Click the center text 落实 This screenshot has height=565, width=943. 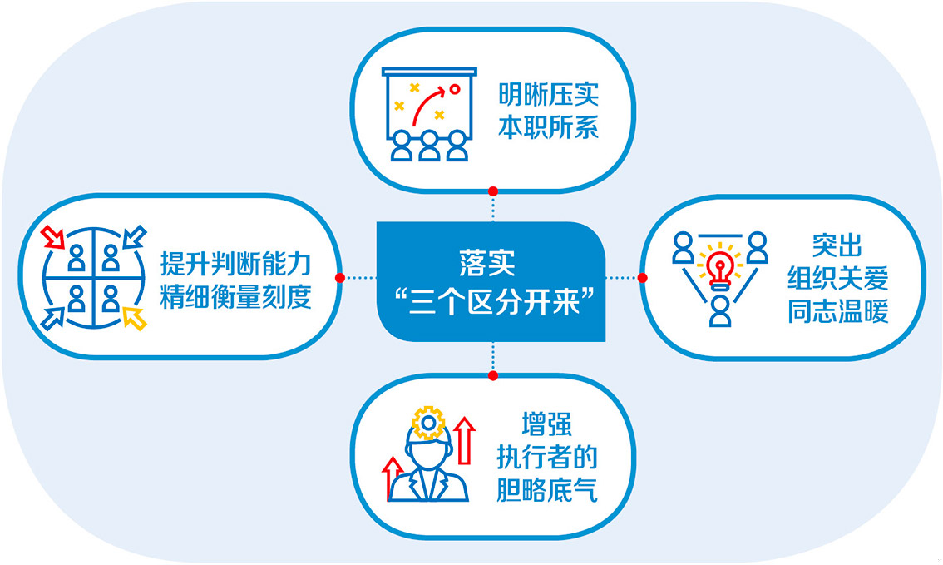[x=487, y=263]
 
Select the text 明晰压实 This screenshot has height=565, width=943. [x=549, y=95]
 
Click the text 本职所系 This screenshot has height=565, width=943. [x=549, y=127]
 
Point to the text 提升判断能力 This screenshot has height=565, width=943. [x=236, y=264]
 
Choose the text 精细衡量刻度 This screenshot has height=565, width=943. [x=236, y=296]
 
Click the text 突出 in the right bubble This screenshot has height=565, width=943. [x=837, y=245]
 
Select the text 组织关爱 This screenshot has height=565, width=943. [x=837, y=278]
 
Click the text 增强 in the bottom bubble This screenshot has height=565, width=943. [x=546, y=424]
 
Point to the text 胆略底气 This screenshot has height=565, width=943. [x=546, y=490]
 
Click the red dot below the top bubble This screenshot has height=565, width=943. [x=493, y=191]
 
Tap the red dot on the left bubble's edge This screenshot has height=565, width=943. [x=340, y=277]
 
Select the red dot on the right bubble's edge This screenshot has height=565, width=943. [x=642, y=277]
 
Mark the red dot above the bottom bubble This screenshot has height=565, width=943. [x=493, y=375]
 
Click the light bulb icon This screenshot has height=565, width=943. [x=720, y=269]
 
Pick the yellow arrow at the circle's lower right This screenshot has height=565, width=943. [x=135, y=318]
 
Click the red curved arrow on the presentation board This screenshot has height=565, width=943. [x=428, y=103]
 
